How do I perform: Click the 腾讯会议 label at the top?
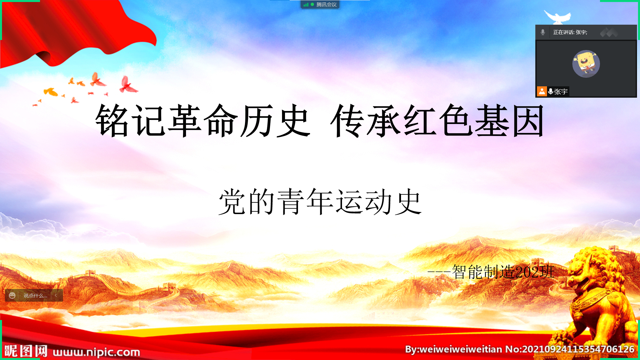(x=326, y=5)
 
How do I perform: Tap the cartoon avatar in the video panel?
(x=586, y=64)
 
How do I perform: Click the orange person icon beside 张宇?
(x=542, y=91)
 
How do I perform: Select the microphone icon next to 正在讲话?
(x=543, y=32)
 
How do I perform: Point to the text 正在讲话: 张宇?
(x=570, y=32)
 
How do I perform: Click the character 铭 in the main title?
(x=112, y=120)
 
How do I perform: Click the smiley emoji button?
(x=12, y=296)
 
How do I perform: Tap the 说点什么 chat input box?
(x=35, y=296)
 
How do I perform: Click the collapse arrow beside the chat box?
(x=56, y=295)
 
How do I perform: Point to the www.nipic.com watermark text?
(x=96, y=352)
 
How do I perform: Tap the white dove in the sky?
(x=557, y=17)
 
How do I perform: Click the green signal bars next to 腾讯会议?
(x=306, y=5)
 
